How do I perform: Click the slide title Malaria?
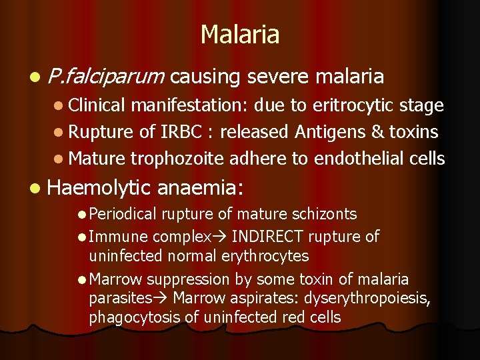point(240,35)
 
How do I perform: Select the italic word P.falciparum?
point(106,77)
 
